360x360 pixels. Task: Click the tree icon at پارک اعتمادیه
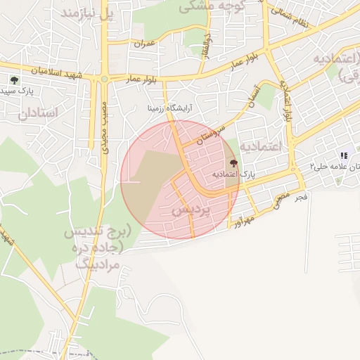pyautogui.click(x=233, y=164)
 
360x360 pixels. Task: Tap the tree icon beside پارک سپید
pyautogui.click(x=14, y=80)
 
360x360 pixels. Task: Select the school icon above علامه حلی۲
pyautogui.click(x=343, y=155)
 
